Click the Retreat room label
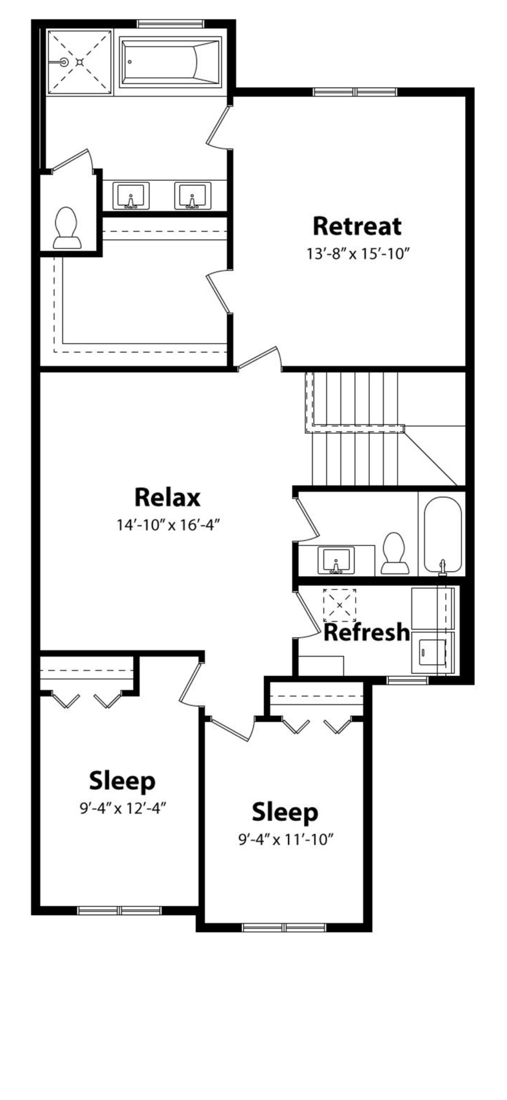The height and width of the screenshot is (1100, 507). point(357,226)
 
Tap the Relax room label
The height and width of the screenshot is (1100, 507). point(168,497)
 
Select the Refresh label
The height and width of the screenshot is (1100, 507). point(367,632)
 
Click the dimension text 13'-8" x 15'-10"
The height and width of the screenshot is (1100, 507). point(358,254)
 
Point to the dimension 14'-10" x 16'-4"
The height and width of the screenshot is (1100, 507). point(167,525)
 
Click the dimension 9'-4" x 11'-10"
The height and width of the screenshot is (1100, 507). point(286,839)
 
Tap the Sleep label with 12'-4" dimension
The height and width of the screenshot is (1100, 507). point(122,781)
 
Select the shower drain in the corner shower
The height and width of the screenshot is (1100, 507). point(80,62)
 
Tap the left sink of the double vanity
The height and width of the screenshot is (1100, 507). point(131,195)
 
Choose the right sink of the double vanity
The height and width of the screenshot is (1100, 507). point(192,195)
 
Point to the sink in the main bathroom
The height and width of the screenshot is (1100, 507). point(336,561)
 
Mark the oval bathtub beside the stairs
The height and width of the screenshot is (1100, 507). point(443,536)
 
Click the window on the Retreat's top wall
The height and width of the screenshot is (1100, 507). point(355,92)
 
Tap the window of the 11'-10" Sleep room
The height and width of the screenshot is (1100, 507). point(284,927)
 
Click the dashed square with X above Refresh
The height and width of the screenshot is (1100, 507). point(339,605)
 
